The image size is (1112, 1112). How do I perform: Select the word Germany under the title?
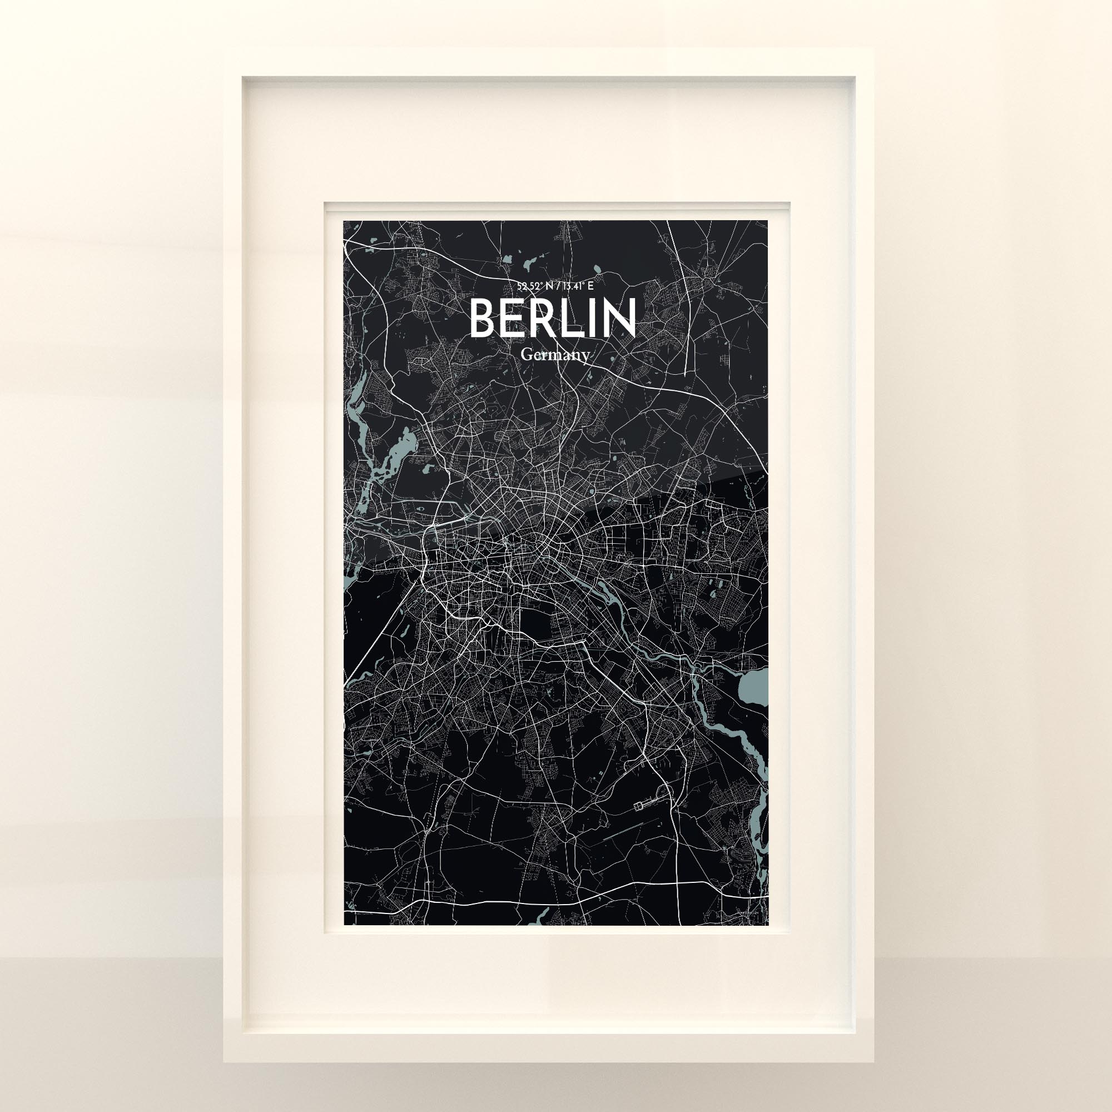(555, 355)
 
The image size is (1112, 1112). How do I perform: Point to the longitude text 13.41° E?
(575, 285)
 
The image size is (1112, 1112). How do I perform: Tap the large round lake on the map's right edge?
(754, 688)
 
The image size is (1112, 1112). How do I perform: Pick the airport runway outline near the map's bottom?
(644, 803)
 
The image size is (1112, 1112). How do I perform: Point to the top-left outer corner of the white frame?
(224, 49)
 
